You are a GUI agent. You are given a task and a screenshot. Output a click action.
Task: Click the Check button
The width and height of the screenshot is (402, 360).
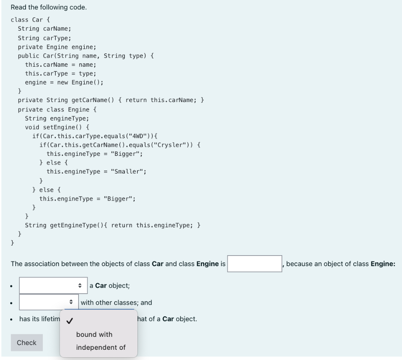[27, 343]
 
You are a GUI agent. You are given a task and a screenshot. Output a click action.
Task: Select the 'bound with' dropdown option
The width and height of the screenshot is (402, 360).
[94, 334]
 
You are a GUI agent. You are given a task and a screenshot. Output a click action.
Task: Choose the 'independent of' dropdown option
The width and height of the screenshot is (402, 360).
[101, 347]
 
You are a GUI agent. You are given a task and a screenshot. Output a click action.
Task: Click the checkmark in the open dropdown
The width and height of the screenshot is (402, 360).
[69, 321]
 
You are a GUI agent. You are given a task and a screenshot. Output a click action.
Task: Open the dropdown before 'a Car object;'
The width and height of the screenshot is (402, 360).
[53, 285]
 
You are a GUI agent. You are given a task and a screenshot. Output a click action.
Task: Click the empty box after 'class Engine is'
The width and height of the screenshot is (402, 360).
[254, 264]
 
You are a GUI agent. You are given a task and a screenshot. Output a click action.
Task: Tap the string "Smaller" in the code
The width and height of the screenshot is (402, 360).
[128, 172]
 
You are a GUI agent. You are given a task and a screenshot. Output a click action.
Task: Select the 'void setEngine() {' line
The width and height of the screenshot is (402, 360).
[57, 127]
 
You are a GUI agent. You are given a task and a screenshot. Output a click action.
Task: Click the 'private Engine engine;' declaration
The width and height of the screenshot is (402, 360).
[54, 47]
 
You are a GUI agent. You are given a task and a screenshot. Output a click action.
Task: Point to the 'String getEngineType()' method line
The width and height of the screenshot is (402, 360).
[113, 225]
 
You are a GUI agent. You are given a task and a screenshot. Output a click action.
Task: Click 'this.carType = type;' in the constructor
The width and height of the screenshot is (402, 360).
[60, 73]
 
